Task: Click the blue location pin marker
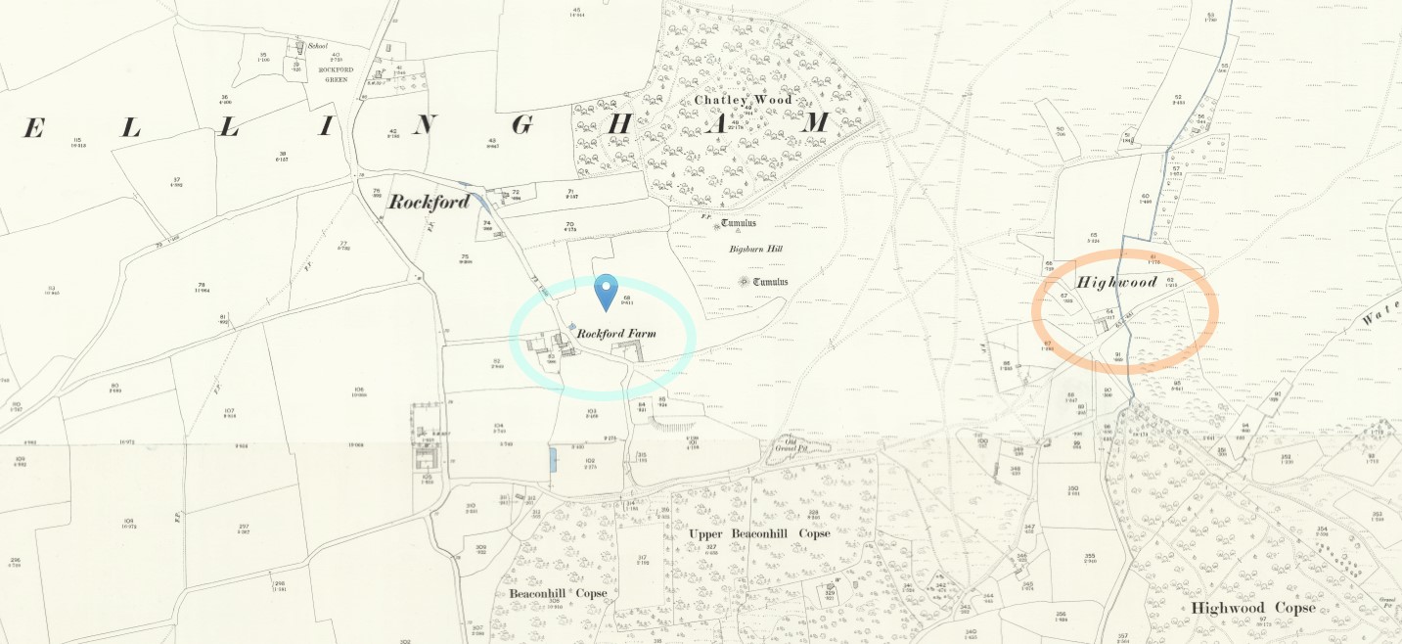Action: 608,291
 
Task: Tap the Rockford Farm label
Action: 615,334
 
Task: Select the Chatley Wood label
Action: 743,100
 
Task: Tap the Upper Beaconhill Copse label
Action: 759,533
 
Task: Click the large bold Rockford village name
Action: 429,203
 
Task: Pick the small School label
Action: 317,45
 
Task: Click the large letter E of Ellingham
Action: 33,127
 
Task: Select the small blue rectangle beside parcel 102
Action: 553,460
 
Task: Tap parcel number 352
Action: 1285,456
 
